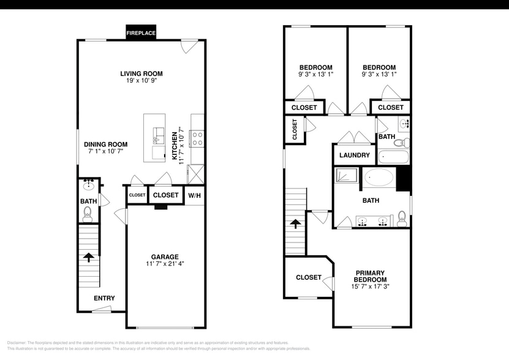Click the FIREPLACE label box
point(141,32)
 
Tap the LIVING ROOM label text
point(141,73)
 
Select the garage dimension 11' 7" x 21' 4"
point(165,264)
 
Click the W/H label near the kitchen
point(194,196)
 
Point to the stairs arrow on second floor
point(295,223)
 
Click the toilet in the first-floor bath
point(88,213)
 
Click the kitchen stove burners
point(198,139)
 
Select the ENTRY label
point(104,298)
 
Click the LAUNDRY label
point(354,156)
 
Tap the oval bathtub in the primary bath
point(380,178)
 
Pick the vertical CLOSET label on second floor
point(294,129)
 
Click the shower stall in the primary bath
point(347,177)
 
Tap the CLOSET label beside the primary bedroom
point(309,277)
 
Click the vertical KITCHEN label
point(175,146)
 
